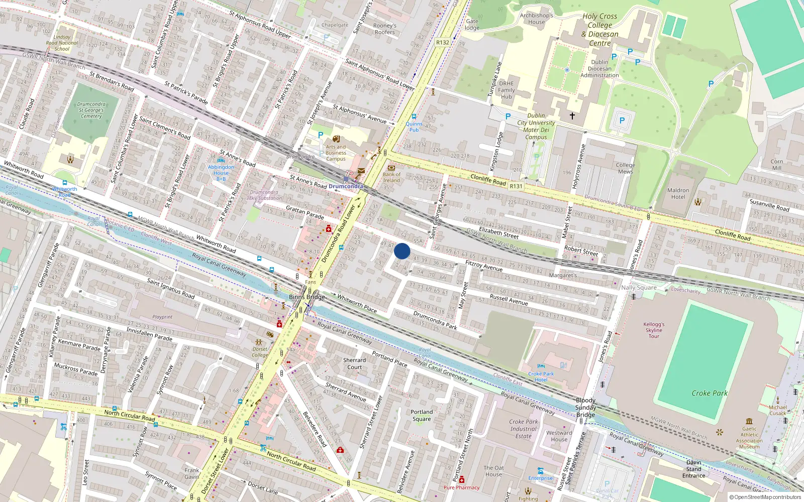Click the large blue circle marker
pyautogui.click(x=402, y=251)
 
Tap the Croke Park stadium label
pyautogui.click(x=710, y=393)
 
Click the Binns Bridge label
pyautogui.click(x=307, y=297)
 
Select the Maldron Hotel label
pyautogui.click(x=678, y=194)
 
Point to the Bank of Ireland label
pyautogui.click(x=391, y=177)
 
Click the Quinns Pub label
pyautogui.click(x=414, y=127)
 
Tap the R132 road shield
pyautogui.click(x=443, y=43)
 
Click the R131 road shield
pyautogui.click(x=516, y=186)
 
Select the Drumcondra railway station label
pyautogui.click(x=346, y=186)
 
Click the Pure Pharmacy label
pyautogui.click(x=461, y=487)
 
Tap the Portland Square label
pyautogui.click(x=422, y=415)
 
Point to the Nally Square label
pyautogui.click(x=639, y=288)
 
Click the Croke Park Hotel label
pyautogui.click(x=541, y=376)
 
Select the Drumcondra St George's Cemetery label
pyautogui.click(x=91, y=110)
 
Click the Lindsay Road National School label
pyautogui.click(x=62, y=43)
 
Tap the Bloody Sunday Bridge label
pyautogui.click(x=585, y=407)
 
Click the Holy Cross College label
pyautogui.click(x=600, y=30)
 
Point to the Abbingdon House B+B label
pyautogui.click(x=221, y=173)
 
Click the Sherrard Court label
pyautogui.click(x=354, y=363)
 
